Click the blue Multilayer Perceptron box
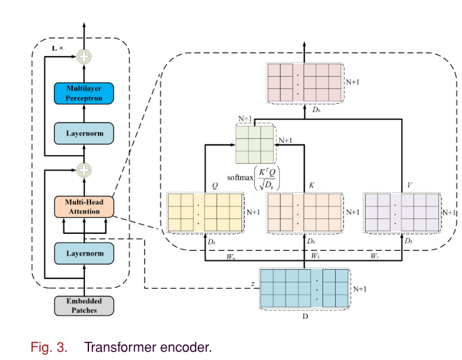[85, 93]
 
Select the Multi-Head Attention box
[84, 206]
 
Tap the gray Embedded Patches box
[84, 305]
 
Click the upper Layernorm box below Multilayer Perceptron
[85, 133]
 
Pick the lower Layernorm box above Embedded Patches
[84, 253]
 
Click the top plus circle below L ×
[84, 57]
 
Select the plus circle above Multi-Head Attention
[84, 170]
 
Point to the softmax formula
[255, 178]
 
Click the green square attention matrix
[254, 144]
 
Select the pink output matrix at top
[305, 83]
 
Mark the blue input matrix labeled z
[305, 289]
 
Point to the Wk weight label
[314, 257]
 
